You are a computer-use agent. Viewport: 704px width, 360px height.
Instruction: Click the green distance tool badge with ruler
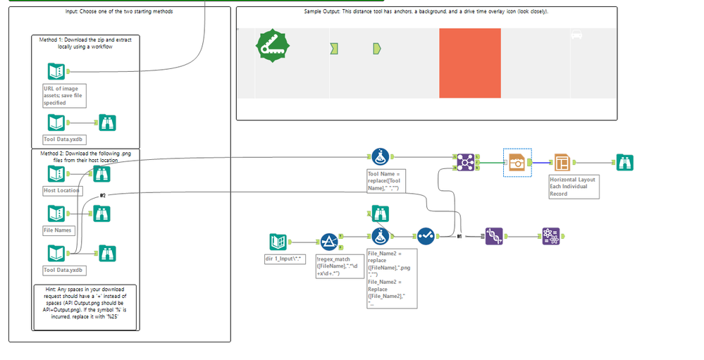coord(272,47)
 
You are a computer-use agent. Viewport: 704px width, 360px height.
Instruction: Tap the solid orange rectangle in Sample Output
coord(469,63)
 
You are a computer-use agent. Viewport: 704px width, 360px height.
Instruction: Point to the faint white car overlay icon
coord(576,35)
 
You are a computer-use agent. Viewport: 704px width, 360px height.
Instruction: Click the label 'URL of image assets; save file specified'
coord(64,96)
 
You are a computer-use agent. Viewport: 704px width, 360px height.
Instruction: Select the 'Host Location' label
coord(62,191)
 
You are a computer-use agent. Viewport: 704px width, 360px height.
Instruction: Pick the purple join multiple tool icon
coord(464,162)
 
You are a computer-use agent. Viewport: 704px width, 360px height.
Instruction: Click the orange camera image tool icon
coord(517,162)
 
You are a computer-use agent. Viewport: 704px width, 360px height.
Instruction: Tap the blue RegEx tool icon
coord(329,242)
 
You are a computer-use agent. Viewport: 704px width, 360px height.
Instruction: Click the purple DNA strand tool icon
coord(494,237)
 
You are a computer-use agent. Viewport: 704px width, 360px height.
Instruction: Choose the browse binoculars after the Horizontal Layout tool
coord(624,162)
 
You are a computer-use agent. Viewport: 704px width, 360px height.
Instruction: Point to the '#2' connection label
coord(103,195)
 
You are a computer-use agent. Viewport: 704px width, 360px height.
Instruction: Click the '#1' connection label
coord(459,237)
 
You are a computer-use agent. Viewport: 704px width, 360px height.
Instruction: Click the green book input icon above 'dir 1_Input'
coord(280,242)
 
